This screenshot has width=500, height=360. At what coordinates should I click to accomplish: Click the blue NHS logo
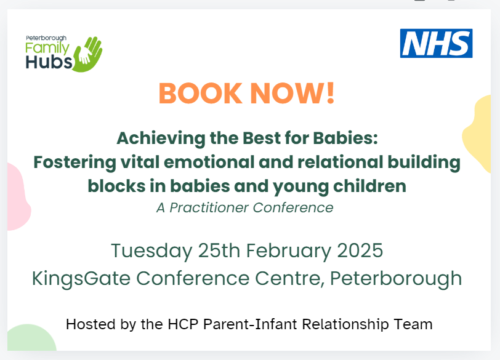click(x=436, y=43)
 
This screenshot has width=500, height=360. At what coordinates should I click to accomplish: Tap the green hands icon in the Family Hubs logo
click(x=88, y=54)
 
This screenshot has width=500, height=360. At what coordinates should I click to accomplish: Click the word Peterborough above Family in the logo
click(x=46, y=38)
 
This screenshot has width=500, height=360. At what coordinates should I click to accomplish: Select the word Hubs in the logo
click(x=49, y=62)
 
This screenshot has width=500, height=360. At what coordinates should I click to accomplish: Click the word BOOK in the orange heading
click(x=201, y=94)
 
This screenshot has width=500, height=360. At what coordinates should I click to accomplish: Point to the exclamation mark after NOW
click(x=331, y=93)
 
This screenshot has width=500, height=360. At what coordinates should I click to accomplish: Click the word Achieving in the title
click(x=161, y=138)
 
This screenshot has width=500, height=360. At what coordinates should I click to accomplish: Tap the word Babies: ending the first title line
click(x=345, y=138)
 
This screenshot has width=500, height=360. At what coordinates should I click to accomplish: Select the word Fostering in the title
click(x=75, y=162)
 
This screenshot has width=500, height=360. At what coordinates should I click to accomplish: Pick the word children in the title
click(x=369, y=186)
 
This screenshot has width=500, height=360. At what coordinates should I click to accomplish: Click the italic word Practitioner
click(x=209, y=208)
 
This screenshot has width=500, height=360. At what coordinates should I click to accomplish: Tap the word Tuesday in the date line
click(x=151, y=250)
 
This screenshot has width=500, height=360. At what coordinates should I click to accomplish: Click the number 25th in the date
click(x=219, y=250)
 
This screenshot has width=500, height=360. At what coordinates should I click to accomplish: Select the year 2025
click(x=360, y=250)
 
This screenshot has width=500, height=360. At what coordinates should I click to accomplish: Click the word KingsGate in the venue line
click(x=81, y=279)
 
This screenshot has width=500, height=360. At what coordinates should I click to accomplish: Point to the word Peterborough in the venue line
click(x=396, y=279)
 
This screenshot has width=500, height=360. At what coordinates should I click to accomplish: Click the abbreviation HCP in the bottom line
click(x=183, y=324)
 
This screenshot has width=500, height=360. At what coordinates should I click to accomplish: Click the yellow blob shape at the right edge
click(x=479, y=134)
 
